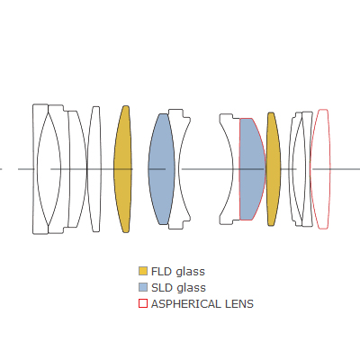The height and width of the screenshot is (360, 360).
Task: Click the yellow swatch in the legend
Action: [x=143, y=271]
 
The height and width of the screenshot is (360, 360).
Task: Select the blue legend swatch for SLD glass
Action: [x=143, y=287]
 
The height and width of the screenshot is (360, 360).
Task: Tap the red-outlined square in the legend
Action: [x=143, y=303]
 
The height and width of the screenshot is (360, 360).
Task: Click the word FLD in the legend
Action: [x=162, y=271]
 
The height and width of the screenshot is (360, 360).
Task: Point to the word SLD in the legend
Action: [x=162, y=287]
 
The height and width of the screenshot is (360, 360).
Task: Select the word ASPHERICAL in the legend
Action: [x=182, y=304]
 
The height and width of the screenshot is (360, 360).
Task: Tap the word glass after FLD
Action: [x=190, y=272]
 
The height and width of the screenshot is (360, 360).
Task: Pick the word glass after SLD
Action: [x=191, y=288]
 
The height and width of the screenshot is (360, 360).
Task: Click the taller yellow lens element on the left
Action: [x=122, y=169]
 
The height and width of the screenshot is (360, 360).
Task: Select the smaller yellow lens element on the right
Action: [x=274, y=169]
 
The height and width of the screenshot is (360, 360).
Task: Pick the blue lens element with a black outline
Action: [x=161, y=169]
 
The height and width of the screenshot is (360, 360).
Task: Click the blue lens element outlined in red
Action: [x=252, y=169]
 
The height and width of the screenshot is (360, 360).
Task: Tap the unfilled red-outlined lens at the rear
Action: [x=320, y=169]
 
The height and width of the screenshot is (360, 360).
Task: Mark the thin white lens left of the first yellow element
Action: [x=94, y=169]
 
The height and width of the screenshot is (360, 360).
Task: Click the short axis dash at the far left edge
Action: [x=1, y=169]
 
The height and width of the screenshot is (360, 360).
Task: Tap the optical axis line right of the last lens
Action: [x=346, y=169]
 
